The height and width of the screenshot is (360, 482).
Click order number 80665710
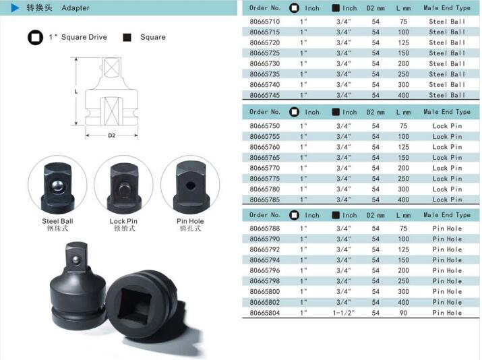[265, 22]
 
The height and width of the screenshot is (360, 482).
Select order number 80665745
[265, 95]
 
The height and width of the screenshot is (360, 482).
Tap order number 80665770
[265, 168]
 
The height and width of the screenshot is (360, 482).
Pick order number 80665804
[265, 313]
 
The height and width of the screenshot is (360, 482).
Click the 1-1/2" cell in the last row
[343, 313]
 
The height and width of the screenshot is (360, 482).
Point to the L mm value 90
[403, 313]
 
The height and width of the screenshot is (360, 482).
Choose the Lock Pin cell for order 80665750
[447, 126]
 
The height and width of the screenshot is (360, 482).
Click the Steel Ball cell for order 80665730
[447, 63]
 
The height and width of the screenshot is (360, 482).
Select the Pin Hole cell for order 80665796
[447, 270]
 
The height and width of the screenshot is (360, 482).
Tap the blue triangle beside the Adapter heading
[15, 8]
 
